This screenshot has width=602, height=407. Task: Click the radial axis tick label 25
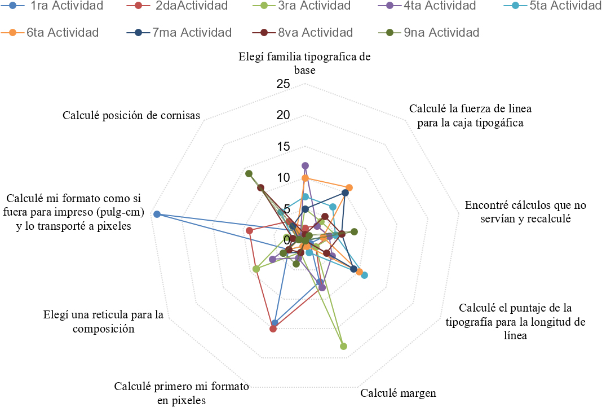[284, 84]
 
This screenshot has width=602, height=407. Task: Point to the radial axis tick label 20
[284, 115]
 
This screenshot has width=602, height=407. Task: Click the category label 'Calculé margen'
[399, 393]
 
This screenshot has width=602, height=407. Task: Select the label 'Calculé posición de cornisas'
[132, 115]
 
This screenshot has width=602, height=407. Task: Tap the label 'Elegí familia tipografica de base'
[304, 63]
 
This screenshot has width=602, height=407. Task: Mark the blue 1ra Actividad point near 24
[157, 215]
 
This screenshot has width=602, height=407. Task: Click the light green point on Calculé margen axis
[344, 346]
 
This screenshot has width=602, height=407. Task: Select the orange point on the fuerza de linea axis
[349, 187]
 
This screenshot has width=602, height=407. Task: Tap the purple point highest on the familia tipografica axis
[305, 165]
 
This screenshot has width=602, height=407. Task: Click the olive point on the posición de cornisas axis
[249, 174]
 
